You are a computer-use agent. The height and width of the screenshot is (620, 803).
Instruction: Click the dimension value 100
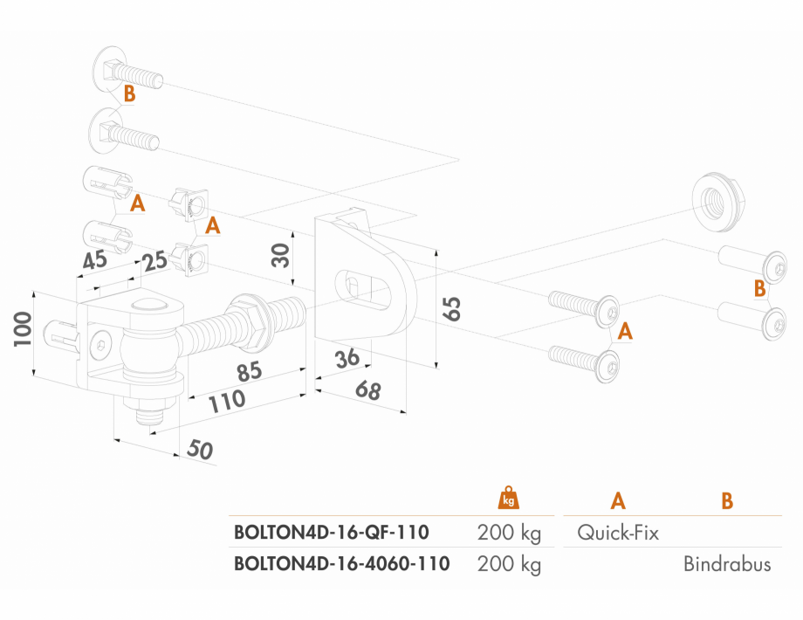click(x=23, y=328)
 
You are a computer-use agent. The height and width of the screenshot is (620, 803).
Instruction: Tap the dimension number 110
click(x=227, y=401)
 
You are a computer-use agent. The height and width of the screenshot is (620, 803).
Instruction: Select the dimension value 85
click(x=250, y=371)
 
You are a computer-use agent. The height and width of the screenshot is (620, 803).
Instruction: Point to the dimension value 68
click(x=368, y=390)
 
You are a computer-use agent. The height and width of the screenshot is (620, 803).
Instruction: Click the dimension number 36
click(x=347, y=358)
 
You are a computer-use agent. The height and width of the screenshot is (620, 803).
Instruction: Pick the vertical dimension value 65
click(x=452, y=308)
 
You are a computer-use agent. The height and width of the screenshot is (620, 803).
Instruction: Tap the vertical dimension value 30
click(x=281, y=255)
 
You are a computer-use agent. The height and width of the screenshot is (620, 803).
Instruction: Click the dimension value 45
click(x=95, y=260)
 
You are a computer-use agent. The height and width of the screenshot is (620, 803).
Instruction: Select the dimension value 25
click(x=154, y=262)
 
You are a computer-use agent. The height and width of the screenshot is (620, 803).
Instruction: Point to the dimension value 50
click(x=200, y=450)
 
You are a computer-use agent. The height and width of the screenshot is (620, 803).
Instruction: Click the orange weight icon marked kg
click(x=509, y=498)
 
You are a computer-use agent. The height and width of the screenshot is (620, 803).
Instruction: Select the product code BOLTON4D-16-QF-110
click(x=332, y=533)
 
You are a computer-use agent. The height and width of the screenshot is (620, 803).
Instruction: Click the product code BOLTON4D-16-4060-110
click(x=341, y=563)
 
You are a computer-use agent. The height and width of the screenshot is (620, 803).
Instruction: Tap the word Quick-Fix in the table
click(x=618, y=533)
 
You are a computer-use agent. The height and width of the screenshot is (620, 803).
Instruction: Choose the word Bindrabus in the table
click(x=727, y=564)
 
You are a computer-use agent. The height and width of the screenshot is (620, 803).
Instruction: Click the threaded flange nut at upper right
click(x=717, y=203)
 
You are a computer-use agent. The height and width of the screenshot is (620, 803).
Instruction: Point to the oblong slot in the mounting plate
click(x=363, y=287)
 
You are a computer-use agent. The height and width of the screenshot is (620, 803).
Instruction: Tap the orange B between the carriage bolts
click(x=129, y=93)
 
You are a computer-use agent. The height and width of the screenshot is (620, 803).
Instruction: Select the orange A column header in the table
click(x=618, y=500)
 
